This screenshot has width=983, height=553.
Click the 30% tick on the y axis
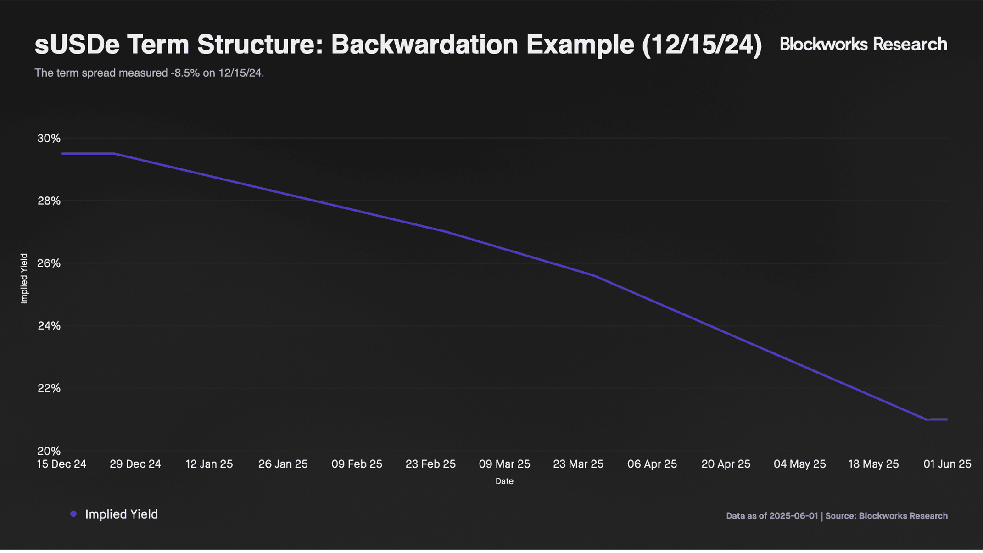[49, 138]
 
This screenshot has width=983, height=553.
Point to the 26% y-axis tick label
[49, 263]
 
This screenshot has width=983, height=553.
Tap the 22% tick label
[49, 388]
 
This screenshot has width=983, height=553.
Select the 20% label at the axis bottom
[49, 451]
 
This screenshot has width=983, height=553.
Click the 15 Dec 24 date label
[61, 464]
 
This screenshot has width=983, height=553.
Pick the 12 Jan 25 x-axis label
[209, 464]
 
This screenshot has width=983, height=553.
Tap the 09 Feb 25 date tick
[357, 464]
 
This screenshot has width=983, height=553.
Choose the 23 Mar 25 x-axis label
[578, 464]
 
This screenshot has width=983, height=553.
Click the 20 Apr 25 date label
[726, 464]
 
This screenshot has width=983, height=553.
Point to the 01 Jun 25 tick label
[947, 464]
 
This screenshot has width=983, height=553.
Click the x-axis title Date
[504, 481]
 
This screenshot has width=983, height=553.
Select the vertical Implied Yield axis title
[24, 279]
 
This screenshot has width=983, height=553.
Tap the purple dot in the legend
[73, 514]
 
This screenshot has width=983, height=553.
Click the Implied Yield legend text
[122, 514]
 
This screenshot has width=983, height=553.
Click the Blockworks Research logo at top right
[863, 44]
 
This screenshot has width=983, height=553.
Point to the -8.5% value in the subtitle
[185, 73]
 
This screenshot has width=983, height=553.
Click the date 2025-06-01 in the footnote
[794, 516]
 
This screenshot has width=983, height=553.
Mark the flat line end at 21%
[947, 419]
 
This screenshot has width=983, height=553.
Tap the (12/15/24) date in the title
[702, 45]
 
